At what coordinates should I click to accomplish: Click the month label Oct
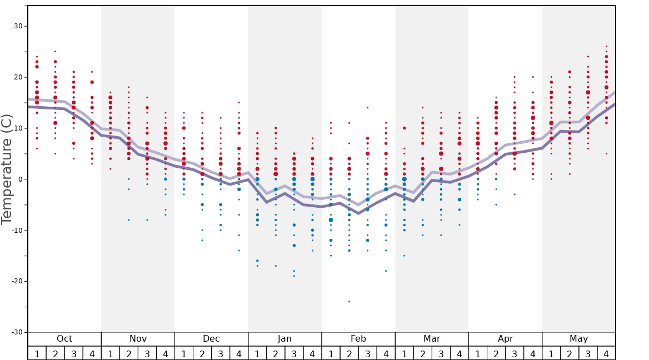(x=64, y=339)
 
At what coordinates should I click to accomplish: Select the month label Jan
(x=284, y=339)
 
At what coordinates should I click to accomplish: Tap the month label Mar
(x=432, y=339)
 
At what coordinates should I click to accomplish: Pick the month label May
(x=578, y=339)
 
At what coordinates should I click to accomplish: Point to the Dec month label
(x=211, y=339)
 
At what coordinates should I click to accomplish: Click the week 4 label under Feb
(x=386, y=353)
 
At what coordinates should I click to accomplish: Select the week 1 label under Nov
(x=110, y=353)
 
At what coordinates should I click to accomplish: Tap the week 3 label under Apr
(x=515, y=353)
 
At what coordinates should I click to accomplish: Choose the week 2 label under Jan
(x=276, y=353)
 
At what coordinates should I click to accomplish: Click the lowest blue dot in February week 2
(x=349, y=302)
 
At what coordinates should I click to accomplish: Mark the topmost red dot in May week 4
(x=606, y=46)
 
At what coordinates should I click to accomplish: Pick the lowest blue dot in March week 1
(x=404, y=256)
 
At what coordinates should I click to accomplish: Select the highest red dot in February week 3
(x=367, y=108)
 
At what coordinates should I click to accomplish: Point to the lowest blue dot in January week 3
(x=294, y=276)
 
